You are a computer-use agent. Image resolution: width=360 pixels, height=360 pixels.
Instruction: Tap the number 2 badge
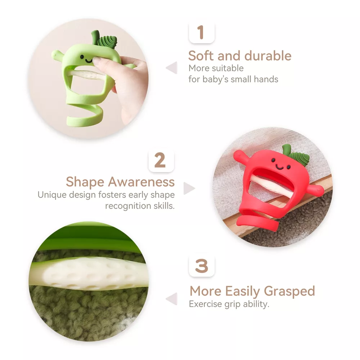(x=161, y=160)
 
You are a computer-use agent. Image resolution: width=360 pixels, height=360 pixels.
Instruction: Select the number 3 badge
(x=202, y=266)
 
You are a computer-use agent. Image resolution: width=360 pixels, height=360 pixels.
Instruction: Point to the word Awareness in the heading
(x=141, y=182)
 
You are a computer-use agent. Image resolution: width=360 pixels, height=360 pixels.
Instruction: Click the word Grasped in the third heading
(x=289, y=291)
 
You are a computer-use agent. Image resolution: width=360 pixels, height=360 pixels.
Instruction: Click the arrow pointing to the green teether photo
(x=172, y=68)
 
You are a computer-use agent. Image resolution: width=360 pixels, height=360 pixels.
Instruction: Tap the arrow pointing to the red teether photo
(x=189, y=188)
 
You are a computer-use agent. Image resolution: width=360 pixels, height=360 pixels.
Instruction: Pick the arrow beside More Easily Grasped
(x=172, y=299)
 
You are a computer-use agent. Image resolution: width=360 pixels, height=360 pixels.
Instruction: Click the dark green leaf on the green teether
(x=107, y=41)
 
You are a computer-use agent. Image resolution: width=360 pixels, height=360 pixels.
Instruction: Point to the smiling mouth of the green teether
(x=89, y=61)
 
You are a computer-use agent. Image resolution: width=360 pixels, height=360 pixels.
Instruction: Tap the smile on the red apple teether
(x=279, y=167)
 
